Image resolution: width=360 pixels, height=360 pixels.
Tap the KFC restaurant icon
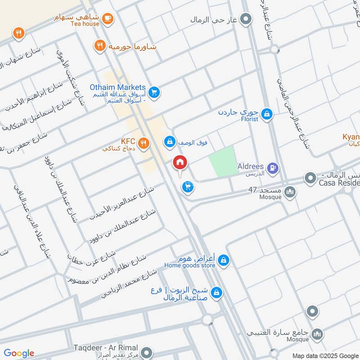coord(143,143)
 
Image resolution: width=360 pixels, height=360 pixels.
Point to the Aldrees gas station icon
coord(273,169)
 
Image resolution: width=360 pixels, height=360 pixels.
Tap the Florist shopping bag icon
coord(267,114)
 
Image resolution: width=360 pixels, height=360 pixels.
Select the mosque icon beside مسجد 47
coord(291,193)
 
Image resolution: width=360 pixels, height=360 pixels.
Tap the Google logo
coord(19,353)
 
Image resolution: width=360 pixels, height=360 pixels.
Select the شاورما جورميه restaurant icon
coord(99,45)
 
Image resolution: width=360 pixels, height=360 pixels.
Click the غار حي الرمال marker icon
coord(246,19)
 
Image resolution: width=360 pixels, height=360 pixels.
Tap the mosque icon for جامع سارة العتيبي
coord(318,334)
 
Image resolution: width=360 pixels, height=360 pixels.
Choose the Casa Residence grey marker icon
coord(310,179)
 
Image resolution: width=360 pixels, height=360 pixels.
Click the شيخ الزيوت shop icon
coord(216,292)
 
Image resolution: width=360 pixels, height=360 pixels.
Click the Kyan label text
coord(351,137)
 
